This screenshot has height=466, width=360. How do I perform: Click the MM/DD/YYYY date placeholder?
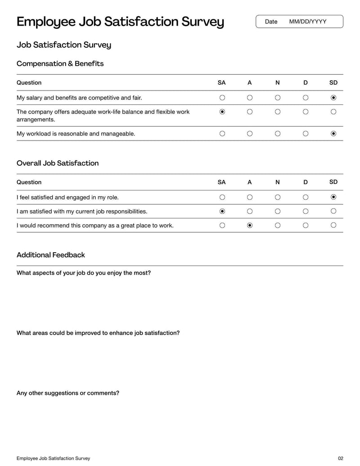coord(308,22)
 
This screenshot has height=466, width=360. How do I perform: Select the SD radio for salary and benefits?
coord(333,98)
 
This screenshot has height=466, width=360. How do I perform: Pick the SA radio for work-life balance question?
coord(222,112)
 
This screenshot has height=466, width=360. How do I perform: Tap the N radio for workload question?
coord(278,134)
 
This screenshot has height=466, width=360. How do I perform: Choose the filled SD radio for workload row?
coord(333,134)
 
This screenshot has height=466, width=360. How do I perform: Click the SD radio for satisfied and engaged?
coord(333,197)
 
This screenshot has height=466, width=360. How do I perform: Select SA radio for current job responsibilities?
coord(222,211)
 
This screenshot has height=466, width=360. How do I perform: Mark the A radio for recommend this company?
coord(250,225)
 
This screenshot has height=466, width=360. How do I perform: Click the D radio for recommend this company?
coord(306,225)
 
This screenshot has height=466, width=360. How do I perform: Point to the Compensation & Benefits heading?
coord(60,63)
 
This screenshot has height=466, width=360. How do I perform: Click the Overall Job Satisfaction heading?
coord(58,163)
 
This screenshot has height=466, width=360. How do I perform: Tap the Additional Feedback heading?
coord(51,255)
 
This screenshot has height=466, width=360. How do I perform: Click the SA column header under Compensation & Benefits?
coord(221,83)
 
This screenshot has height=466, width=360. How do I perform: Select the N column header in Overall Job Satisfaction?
coord(278,182)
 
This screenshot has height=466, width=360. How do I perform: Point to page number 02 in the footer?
coord(340,458)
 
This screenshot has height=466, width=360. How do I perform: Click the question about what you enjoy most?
coord(84,273)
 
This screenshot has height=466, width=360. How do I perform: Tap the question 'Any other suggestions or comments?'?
coord(68,393)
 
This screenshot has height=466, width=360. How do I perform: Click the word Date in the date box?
coord(271,22)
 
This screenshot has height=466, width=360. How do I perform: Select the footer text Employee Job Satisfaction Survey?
coord(53,458)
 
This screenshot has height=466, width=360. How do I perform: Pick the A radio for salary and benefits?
coord(250,98)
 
